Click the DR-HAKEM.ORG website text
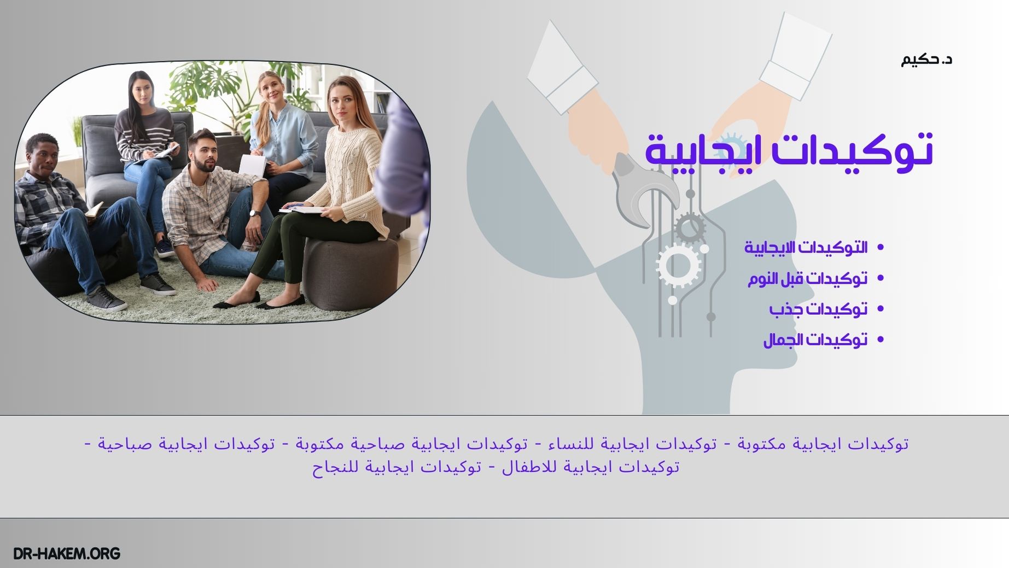click(x=66, y=553)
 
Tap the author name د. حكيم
click(x=926, y=59)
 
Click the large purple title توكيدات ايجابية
click(x=789, y=150)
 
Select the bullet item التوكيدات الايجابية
click(x=806, y=248)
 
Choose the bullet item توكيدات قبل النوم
click(x=808, y=279)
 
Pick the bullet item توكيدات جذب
click(x=818, y=309)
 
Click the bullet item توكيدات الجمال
click(x=815, y=340)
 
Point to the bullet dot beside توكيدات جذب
click(x=880, y=309)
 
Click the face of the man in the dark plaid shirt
click(x=43, y=155)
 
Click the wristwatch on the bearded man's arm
click(x=254, y=213)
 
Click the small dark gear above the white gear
click(x=689, y=227)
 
